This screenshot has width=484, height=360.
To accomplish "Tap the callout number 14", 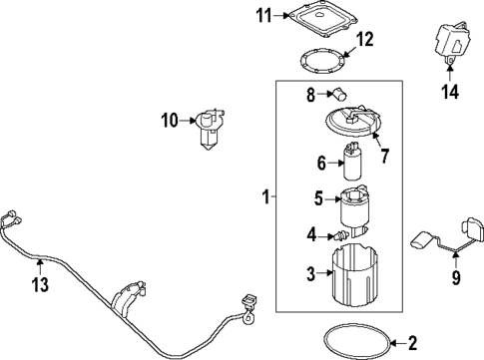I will pos(449,94).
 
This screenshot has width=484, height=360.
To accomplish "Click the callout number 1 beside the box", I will pos(265,198).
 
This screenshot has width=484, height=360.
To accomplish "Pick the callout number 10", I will pos(171,121).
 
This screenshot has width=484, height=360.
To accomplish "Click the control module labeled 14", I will pos(448,42).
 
